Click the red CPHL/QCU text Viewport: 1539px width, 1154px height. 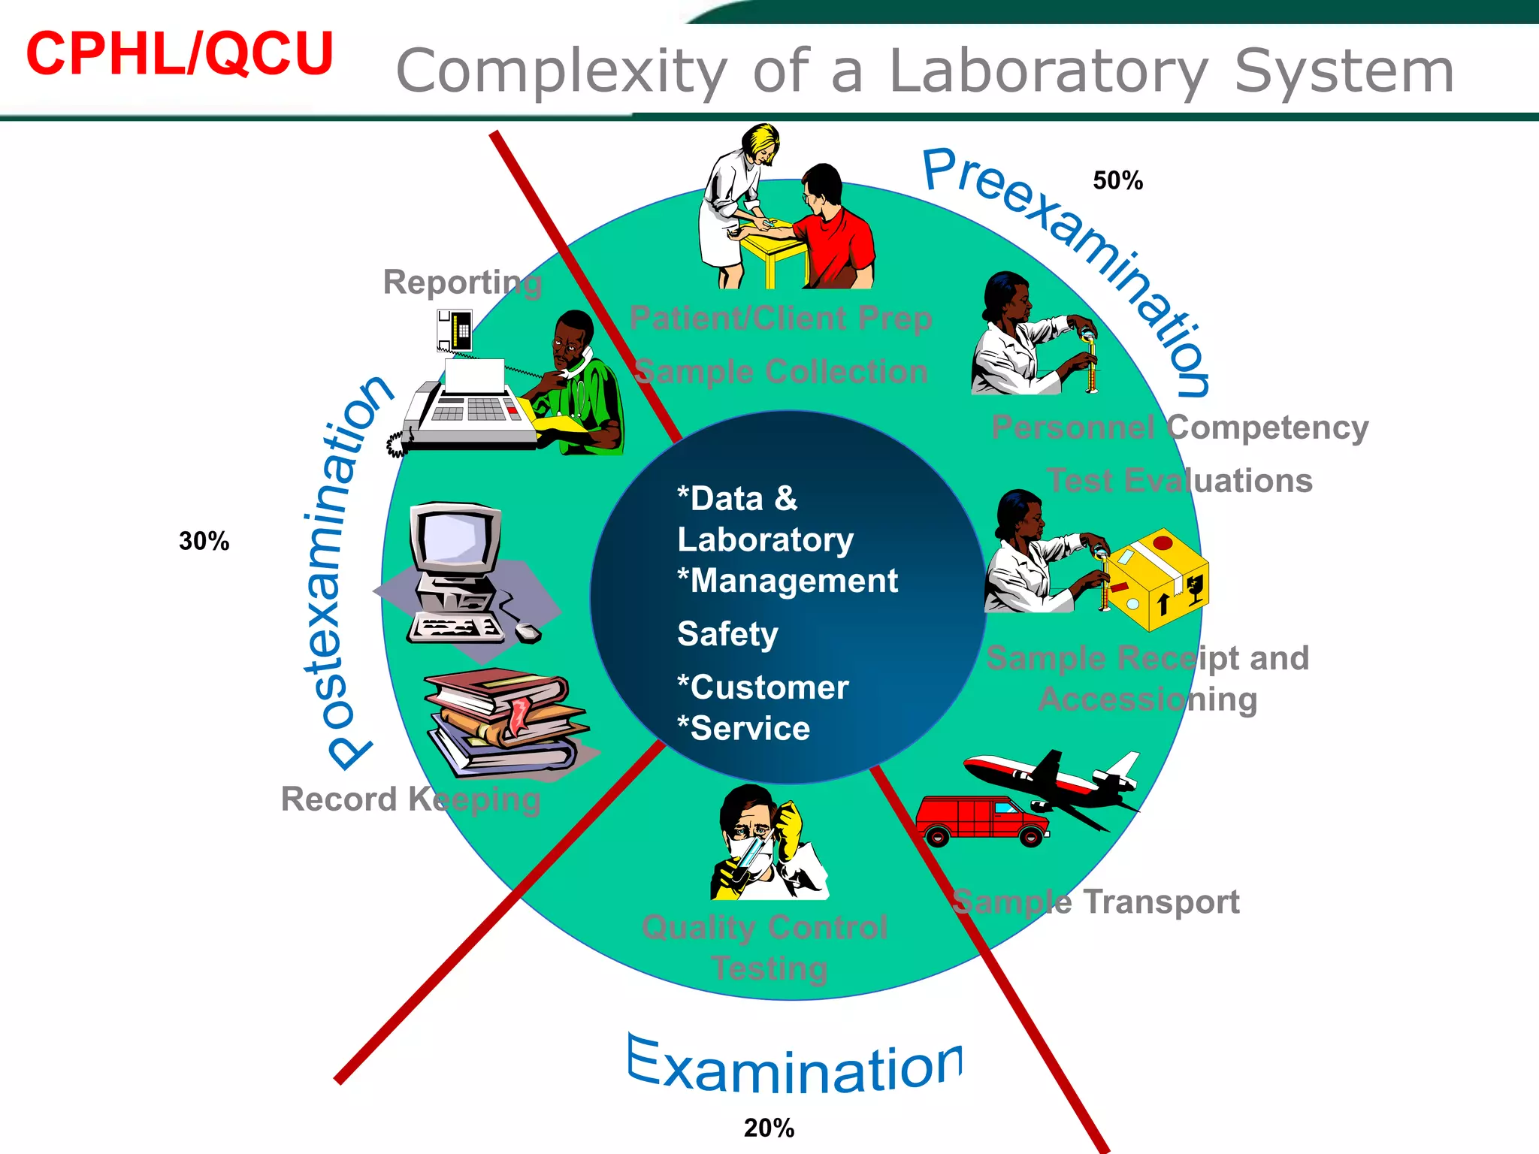[x=180, y=54]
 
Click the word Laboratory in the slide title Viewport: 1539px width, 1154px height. [x=1048, y=71]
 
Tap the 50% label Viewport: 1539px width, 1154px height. [x=1117, y=181]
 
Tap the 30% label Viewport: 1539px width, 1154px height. [x=204, y=541]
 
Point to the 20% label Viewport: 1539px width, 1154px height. [x=769, y=1128]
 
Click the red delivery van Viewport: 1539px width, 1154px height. [x=981, y=820]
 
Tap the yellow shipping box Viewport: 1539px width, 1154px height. [x=1157, y=579]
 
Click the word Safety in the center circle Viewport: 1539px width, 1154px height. [x=727, y=634]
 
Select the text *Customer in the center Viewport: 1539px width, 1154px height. [x=763, y=687]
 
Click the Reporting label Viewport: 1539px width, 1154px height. [x=462, y=283]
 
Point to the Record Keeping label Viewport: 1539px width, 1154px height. [x=410, y=799]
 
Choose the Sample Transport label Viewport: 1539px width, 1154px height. [x=1095, y=902]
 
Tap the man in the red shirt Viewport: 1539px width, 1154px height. [x=834, y=233]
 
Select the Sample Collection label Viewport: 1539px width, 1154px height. [x=781, y=372]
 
